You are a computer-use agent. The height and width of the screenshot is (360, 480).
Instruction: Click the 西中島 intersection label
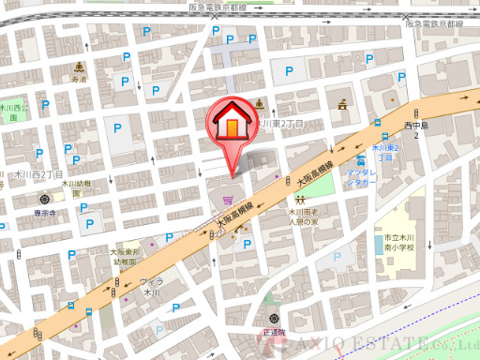coord(415,129)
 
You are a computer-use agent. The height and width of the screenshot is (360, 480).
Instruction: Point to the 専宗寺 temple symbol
coord(45,200)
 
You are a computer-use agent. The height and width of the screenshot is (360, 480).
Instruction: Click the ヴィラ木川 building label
coord(150,287)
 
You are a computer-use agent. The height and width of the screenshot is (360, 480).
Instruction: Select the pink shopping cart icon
coord(228,200)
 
